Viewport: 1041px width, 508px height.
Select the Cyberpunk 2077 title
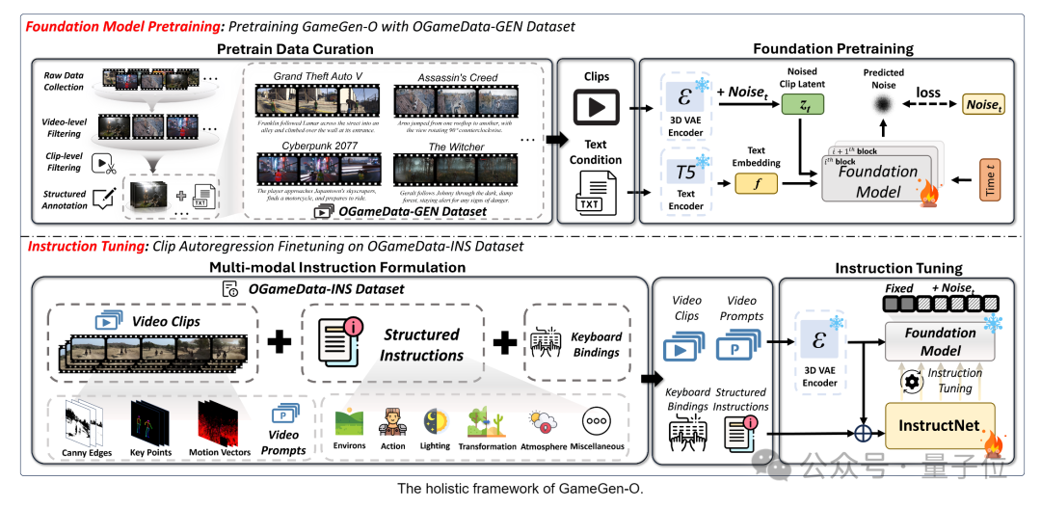tap(309, 147)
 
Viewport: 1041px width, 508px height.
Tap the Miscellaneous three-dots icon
tap(597, 421)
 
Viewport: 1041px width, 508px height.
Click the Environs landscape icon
tap(349, 421)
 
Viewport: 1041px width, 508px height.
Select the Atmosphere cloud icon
tap(542, 421)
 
